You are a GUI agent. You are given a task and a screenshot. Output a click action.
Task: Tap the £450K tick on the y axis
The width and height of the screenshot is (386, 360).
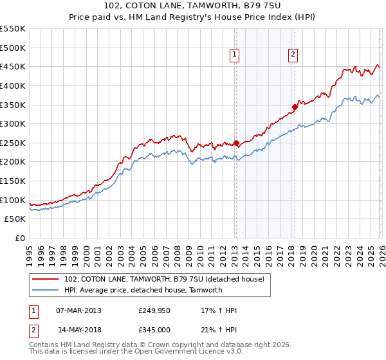13,67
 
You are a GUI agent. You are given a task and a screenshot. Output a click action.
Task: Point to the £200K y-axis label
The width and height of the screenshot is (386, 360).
13,162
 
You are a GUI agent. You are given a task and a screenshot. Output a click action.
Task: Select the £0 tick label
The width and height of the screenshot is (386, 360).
21,239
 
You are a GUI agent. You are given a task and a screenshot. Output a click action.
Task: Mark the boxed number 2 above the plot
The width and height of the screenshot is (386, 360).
293,55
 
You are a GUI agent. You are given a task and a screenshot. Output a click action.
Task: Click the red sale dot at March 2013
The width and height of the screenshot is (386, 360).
236,143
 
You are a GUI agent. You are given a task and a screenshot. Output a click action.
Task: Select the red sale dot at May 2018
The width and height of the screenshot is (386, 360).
295,107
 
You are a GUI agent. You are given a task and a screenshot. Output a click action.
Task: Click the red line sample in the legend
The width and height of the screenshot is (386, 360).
46,279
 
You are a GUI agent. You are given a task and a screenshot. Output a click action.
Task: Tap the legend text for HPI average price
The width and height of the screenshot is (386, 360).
143,290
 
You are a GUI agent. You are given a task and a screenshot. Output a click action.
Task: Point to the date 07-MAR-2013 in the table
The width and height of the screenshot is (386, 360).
78,310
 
